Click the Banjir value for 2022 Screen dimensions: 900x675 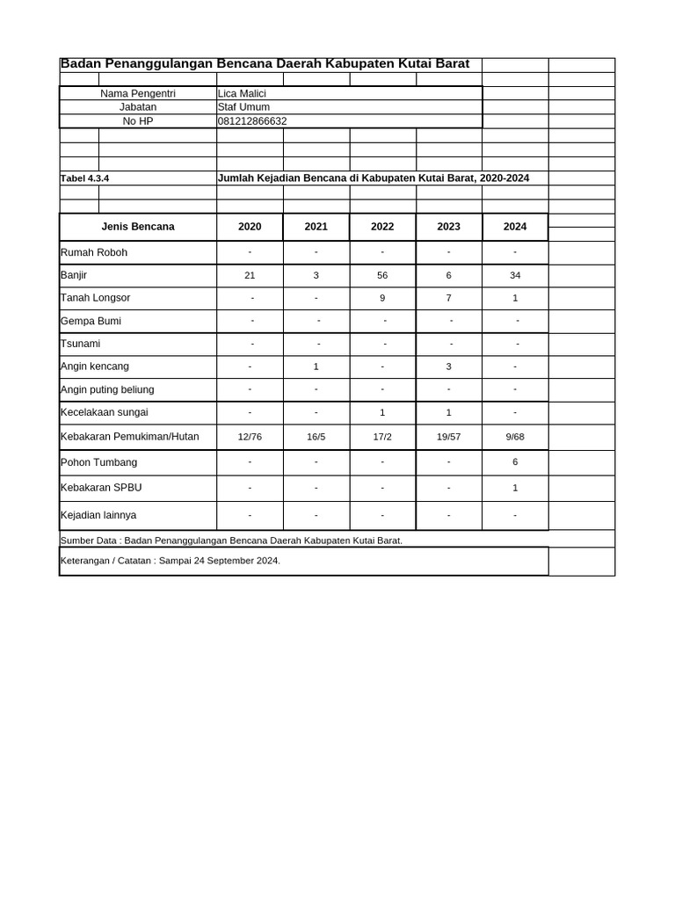click(x=382, y=275)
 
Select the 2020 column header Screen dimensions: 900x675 click(x=250, y=227)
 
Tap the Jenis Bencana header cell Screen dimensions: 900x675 click(x=138, y=227)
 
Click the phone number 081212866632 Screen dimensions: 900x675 click(x=252, y=121)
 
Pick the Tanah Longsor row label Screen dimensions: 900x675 click(x=95, y=298)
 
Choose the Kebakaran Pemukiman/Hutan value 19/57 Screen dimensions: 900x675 click(x=448, y=437)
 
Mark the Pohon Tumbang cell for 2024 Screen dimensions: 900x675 click(x=515, y=462)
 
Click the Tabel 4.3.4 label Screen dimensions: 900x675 click(x=84, y=178)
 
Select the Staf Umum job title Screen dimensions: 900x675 click(x=243, y=107)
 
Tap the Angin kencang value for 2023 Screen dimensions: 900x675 click(x=448, y=367)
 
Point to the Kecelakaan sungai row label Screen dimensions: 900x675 click(x=104, y=412)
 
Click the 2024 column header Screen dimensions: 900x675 click(x=515, y=227)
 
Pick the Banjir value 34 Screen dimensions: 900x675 click(x=515, y=275)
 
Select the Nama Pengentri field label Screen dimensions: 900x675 click(x=138, y=93)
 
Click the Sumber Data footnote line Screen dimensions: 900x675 click(x=231, y=541)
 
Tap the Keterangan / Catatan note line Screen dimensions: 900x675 click(x=171, y=561)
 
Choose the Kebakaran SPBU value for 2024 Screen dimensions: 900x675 click(x=515, y=488)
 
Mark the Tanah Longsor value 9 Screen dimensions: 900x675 click(x=382, y=298)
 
